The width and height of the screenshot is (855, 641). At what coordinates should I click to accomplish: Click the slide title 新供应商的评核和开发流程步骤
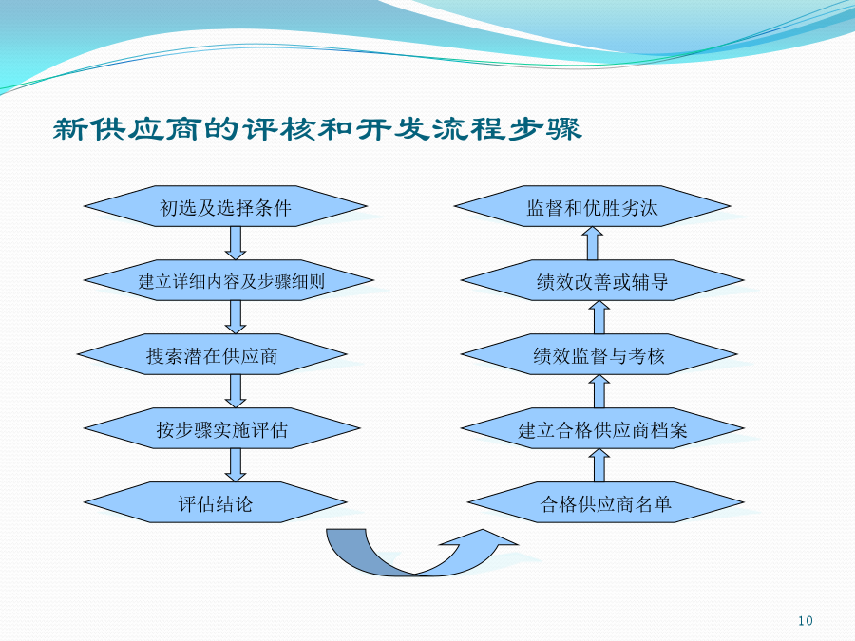[317, 129]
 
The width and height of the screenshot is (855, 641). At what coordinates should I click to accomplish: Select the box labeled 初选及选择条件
[225, 206]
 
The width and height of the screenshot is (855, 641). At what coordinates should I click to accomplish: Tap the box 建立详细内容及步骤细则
[228, 280]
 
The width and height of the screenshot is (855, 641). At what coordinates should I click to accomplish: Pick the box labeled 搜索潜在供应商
[212, 354]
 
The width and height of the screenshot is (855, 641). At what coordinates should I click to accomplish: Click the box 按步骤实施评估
[222, 428]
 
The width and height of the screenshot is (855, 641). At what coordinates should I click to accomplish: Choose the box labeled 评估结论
[215, 502]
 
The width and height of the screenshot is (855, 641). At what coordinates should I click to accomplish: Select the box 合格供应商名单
[606, 502]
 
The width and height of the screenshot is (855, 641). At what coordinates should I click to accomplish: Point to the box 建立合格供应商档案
[602, 428]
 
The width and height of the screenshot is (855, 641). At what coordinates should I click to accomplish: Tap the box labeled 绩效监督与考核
[599, 354]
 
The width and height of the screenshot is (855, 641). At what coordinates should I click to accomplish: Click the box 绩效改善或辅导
[602, 280]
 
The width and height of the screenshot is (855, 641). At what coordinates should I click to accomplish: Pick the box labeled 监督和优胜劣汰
[592, 206]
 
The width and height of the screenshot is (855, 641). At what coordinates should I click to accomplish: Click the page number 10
[806, 621]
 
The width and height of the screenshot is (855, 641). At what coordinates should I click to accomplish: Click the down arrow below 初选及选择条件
[236, 243]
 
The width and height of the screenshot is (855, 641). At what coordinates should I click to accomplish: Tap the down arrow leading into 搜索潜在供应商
[236, 317]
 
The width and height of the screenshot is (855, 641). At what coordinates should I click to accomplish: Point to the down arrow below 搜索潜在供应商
[236, 391]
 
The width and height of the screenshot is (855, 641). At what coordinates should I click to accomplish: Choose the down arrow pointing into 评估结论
[236, 465]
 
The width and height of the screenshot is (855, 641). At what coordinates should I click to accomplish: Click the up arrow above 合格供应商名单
[599, 465]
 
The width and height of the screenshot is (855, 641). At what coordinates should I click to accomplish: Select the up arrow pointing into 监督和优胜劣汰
[592, 243]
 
